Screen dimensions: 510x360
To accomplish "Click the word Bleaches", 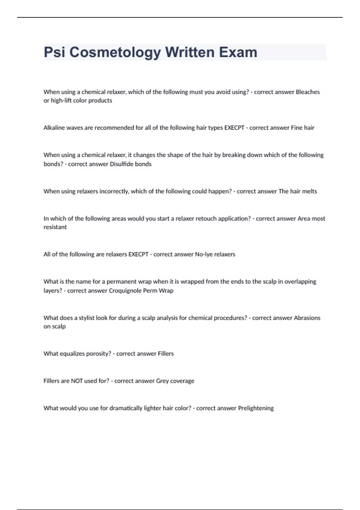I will point(307,92).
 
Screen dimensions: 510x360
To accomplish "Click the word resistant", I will point(55,227).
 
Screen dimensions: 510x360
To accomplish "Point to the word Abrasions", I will point(307,318).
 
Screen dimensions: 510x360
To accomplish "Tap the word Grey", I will point(162,381).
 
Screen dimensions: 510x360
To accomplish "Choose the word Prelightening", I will point(256,408).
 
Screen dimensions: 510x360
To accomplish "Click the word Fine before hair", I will point(296,128).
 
